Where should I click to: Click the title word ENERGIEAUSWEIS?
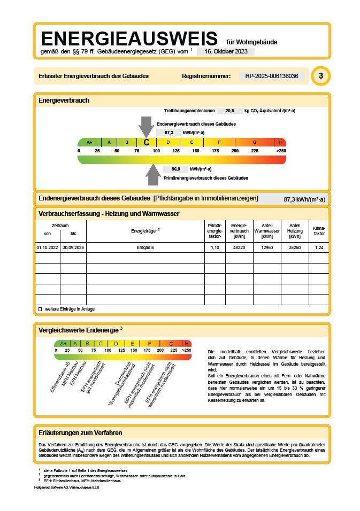129,38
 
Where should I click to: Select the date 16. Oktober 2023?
226,51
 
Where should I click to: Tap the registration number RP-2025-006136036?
271,76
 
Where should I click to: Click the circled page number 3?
320,76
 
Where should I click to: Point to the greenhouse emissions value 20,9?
229,111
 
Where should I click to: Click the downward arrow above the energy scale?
146,127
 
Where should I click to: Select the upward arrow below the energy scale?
154,173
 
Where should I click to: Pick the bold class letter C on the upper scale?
147,142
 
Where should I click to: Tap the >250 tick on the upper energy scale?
281,151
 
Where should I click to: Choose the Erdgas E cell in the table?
145,248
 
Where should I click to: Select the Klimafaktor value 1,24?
319,248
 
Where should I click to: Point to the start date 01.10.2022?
47,248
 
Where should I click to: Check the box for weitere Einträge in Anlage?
40,309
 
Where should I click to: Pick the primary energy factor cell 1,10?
215,248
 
